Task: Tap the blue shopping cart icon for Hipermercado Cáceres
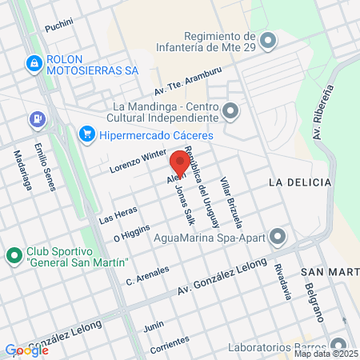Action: point(87,134)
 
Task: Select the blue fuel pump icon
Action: point(37,120)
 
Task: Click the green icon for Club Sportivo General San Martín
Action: point(13,256)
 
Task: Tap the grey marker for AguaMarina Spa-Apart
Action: point(278,236)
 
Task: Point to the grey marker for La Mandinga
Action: point(230,110)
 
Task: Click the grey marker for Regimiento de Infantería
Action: point(267,39)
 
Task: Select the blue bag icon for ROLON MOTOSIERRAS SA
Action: point(34,63)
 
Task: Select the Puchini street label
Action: point(59,27)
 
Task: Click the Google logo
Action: point(26,350)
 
